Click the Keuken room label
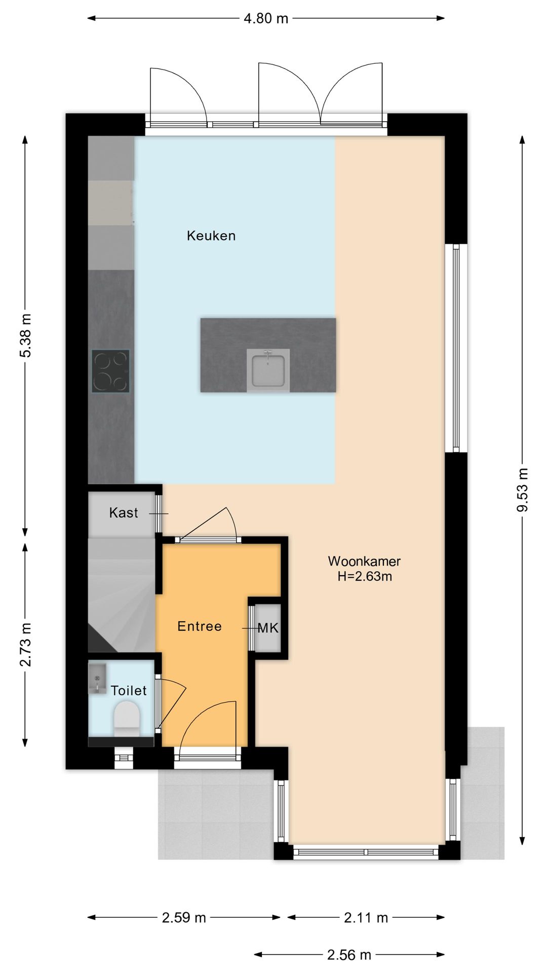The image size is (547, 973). tap(211, 236)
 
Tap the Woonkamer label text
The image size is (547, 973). tap(364, 561)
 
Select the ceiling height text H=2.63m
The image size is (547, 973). tap(365, 576)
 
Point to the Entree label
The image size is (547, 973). tap(200, 626)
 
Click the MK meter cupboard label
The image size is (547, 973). tap(268, 628)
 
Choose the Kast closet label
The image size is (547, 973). tap(124, 513)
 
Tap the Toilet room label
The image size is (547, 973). tap(129, 691)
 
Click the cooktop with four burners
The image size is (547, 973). tap(110, 371)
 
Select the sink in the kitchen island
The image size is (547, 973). tap(268, 370)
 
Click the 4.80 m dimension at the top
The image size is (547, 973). tap(266, 19)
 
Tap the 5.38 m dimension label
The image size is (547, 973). tap(25, 335)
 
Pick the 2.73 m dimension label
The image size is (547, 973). tap(25, 645)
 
